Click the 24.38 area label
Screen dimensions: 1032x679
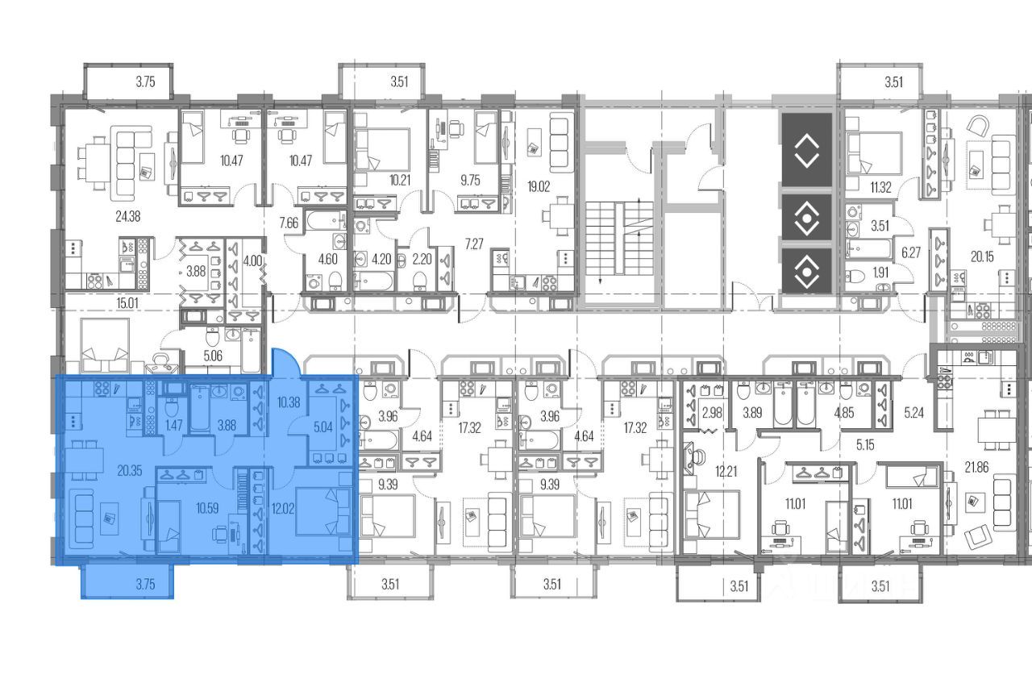127,216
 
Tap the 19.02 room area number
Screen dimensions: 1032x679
539,186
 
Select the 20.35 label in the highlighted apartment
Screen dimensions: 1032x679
130,471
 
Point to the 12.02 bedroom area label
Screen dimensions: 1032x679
283,509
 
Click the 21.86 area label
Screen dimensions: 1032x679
976,467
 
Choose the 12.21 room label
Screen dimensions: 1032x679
726,472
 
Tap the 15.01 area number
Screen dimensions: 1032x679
127,303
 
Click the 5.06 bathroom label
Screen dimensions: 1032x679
213,356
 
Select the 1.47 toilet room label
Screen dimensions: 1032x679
173,425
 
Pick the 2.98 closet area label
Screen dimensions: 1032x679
712,413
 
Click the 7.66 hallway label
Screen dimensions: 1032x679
289,223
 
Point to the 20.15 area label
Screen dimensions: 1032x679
982,256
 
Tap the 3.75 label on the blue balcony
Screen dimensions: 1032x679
146,584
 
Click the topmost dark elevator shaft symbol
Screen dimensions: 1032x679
807,150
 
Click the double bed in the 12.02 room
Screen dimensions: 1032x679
322,511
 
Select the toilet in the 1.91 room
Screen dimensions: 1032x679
856,277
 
